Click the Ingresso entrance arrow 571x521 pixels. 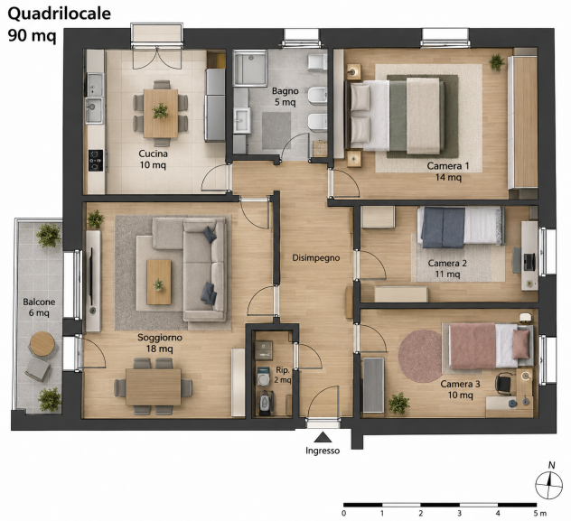tap(323, 437)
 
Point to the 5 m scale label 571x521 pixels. tap(540, 514)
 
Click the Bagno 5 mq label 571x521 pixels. tap(285, 97)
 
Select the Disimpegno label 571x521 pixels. tap(315, 258)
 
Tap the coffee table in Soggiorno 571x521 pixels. tap(159, 282)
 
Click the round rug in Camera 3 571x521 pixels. tap(420, 356)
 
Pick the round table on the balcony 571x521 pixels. tap(42, 343)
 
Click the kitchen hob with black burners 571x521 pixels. tap(96, 161)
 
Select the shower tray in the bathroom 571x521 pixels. tap(249, 69)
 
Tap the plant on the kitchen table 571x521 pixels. tap(160, 110)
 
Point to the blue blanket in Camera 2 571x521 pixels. tap(443, 228)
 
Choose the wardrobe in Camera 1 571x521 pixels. tap(523, 123)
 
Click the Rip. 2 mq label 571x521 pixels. tap(283, 375)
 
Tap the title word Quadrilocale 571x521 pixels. tap(60, 14)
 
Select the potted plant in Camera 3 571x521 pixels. tap(399, 403)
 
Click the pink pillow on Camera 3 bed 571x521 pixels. tap(521, 344)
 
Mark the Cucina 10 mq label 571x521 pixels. tap(154, 159)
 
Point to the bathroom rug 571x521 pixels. tap(276, 131)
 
